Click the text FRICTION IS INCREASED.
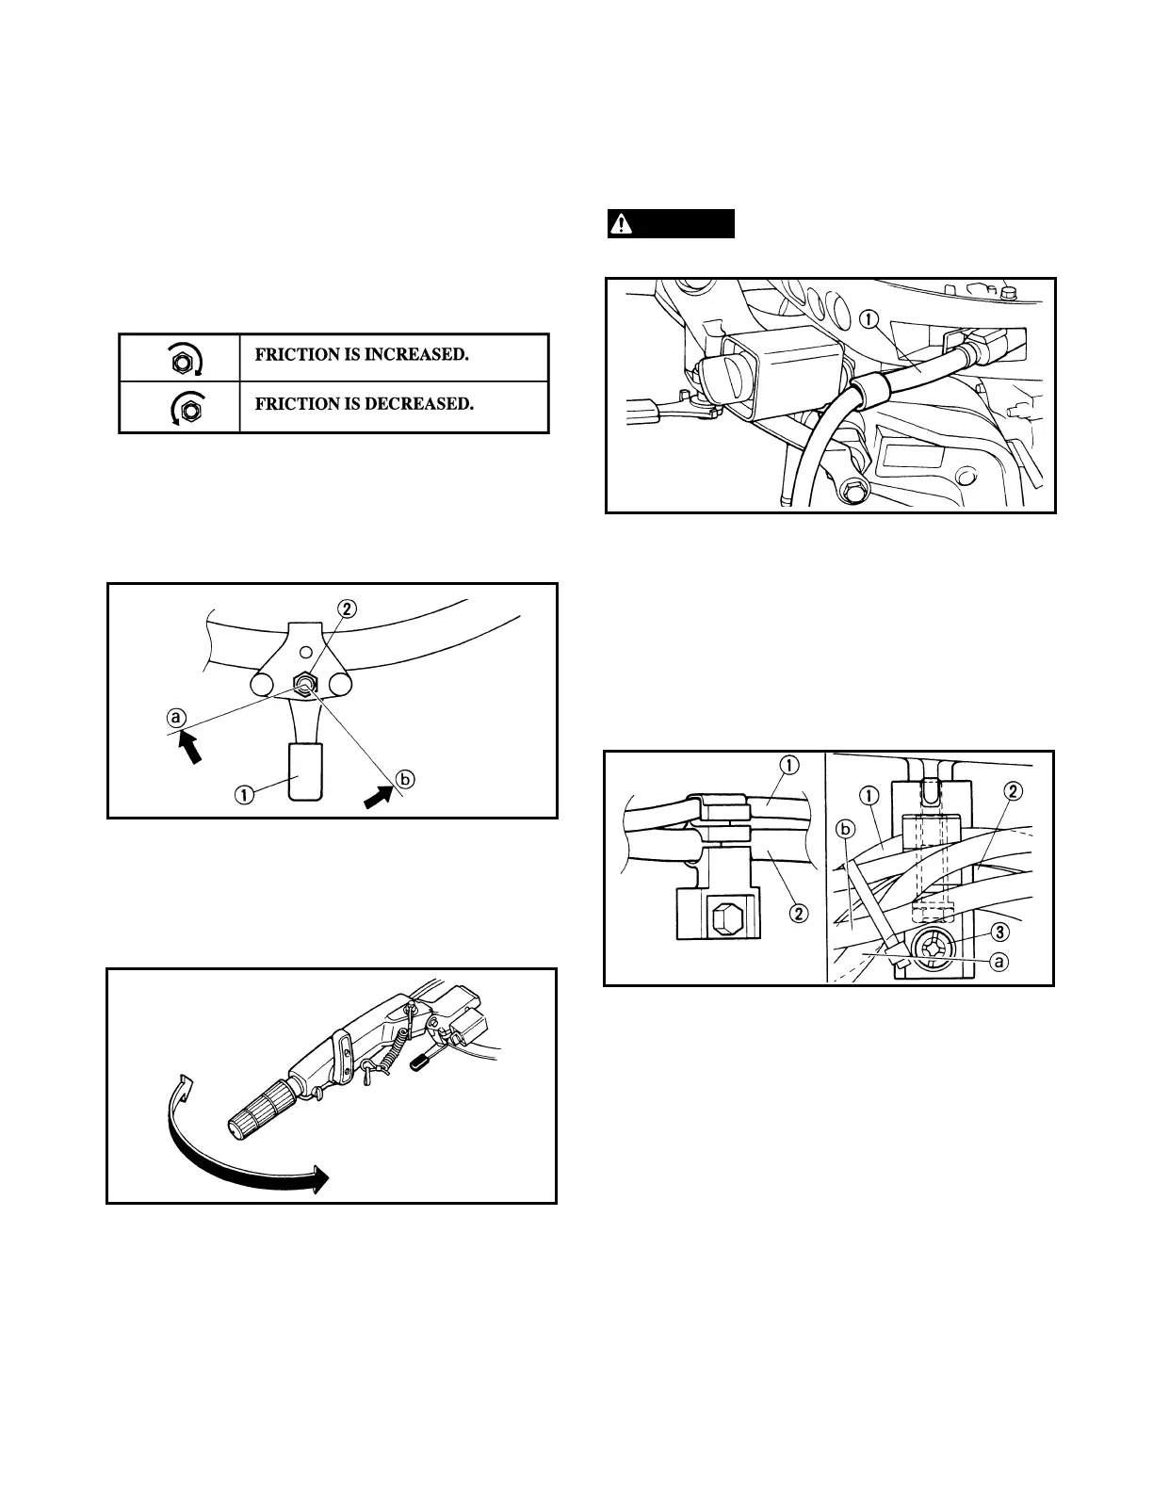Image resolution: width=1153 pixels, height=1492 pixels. (x=362, y=355)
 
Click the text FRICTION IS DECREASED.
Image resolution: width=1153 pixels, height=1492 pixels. (x=364, y=404)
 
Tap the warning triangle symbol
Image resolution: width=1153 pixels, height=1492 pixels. (x=622, y=224)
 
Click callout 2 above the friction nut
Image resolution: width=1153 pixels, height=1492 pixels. (x=348, y=609)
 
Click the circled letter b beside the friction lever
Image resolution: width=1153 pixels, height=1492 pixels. (x=405, y=779)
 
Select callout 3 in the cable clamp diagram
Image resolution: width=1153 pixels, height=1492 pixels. (x=1002, y=931)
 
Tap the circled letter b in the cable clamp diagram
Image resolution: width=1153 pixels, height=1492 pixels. (x=845, y=830)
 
